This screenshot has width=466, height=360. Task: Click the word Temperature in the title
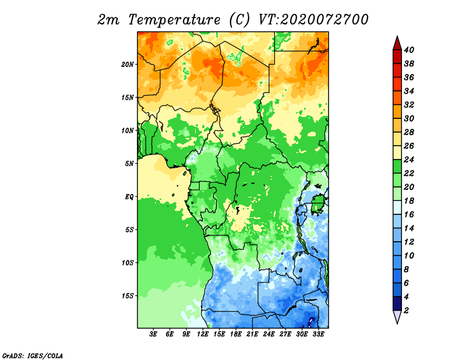[174, 20]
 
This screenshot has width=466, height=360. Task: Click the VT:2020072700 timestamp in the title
[313, 20]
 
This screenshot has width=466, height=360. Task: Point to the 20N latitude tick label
[128, 65]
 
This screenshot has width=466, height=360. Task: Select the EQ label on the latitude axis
[129, 197]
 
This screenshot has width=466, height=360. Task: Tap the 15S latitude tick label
[128, 296]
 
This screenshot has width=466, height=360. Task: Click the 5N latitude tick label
[129, 164]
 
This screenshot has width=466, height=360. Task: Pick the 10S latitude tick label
[128, 263]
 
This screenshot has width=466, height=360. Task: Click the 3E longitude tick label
[153, 334]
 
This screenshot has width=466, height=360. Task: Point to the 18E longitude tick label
[236, 334]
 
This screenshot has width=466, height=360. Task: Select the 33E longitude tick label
[318, 334]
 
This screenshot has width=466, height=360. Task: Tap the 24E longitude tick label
[269, 334]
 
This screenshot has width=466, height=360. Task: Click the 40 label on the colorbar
[409, 50]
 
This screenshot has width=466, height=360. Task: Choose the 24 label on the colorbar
[409, 160]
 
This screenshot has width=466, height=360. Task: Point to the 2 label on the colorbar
[406, 310]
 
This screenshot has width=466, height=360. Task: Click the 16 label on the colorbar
[409, 214]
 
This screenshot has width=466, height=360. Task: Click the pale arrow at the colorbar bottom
[397, 316]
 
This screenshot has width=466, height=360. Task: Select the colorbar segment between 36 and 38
[397, 70]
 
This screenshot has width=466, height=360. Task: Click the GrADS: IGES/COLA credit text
[33, 356]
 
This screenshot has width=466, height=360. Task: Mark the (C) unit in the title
[239, 20]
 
